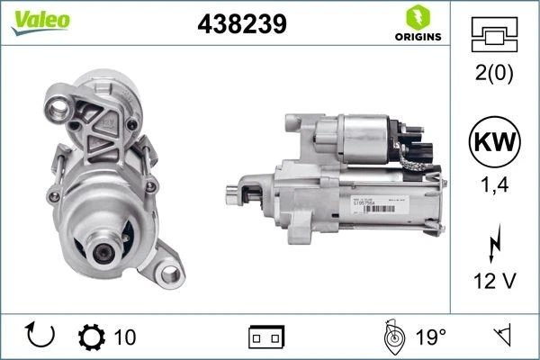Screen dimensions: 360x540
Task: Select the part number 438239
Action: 241,25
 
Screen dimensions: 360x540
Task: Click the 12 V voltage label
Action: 494,283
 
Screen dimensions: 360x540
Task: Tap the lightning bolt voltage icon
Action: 494,245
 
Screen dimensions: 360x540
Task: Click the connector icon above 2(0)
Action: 494,35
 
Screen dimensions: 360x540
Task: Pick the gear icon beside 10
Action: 92,337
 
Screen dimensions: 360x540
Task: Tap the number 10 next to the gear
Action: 126,337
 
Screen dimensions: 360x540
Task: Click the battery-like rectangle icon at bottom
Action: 266,337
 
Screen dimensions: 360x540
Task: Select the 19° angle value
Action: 430,337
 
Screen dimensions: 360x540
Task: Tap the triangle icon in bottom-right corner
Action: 499,337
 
